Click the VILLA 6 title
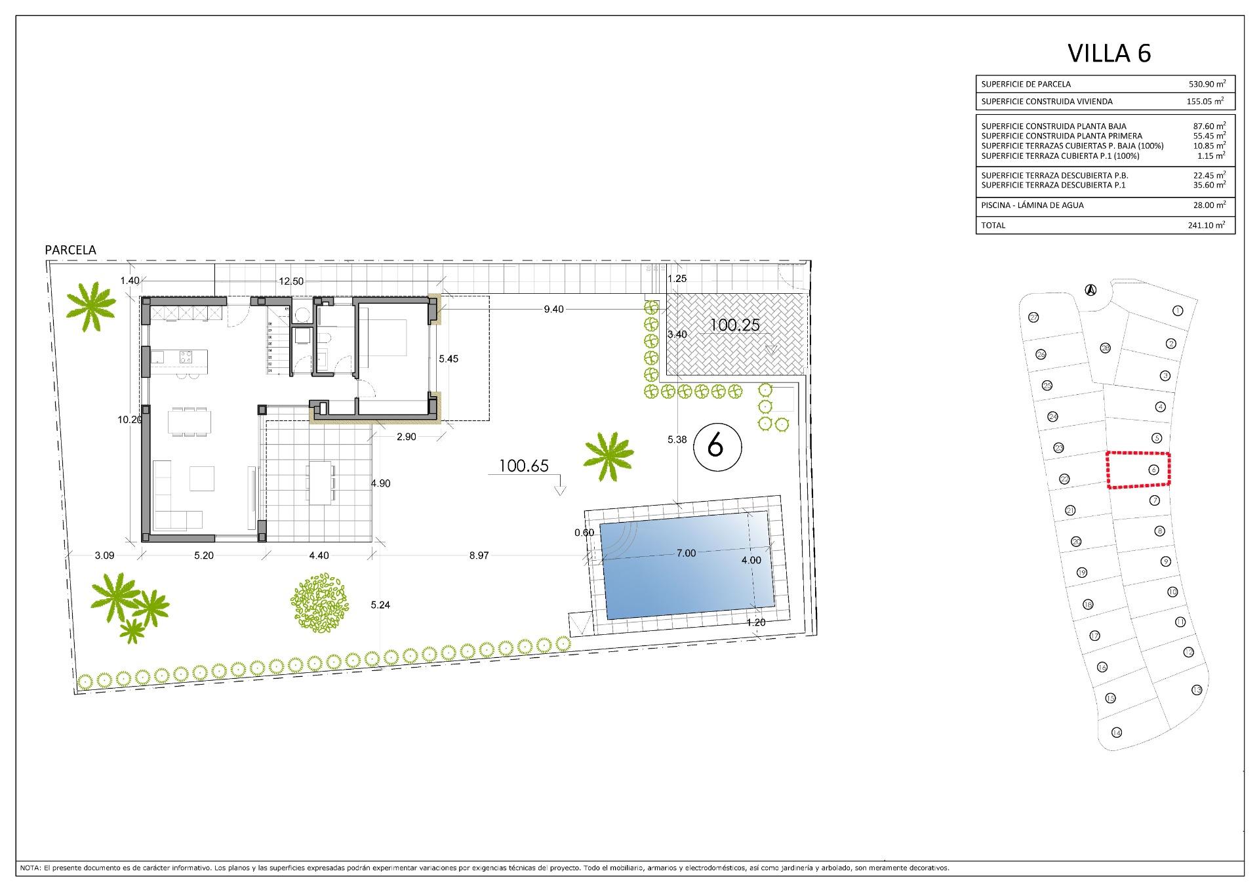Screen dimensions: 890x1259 tap(1109, 53)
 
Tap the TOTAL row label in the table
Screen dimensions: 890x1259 tap(993, 226)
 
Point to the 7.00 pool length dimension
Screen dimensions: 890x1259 tap(686, 554)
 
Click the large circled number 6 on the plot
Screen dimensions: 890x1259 tap(716, 447)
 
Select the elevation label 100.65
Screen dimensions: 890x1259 tap(523, 466)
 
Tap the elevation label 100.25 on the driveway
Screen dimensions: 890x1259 tap(735, 325)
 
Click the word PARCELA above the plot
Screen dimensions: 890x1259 tap(70, 250)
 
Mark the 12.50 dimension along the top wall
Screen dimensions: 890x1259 tap(291, 281)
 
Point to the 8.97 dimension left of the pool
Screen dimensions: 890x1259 tap(479, 556)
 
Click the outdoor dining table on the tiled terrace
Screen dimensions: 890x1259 tap(321, 482)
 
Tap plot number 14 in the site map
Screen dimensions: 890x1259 tap(1117, 733)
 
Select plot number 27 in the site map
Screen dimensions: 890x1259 tap(1034, 317)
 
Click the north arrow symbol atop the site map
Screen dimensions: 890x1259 tap(1090, 290)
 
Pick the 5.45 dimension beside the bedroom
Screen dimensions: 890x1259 tap(449, 359)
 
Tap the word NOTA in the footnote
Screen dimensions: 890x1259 tap(30, 868)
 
